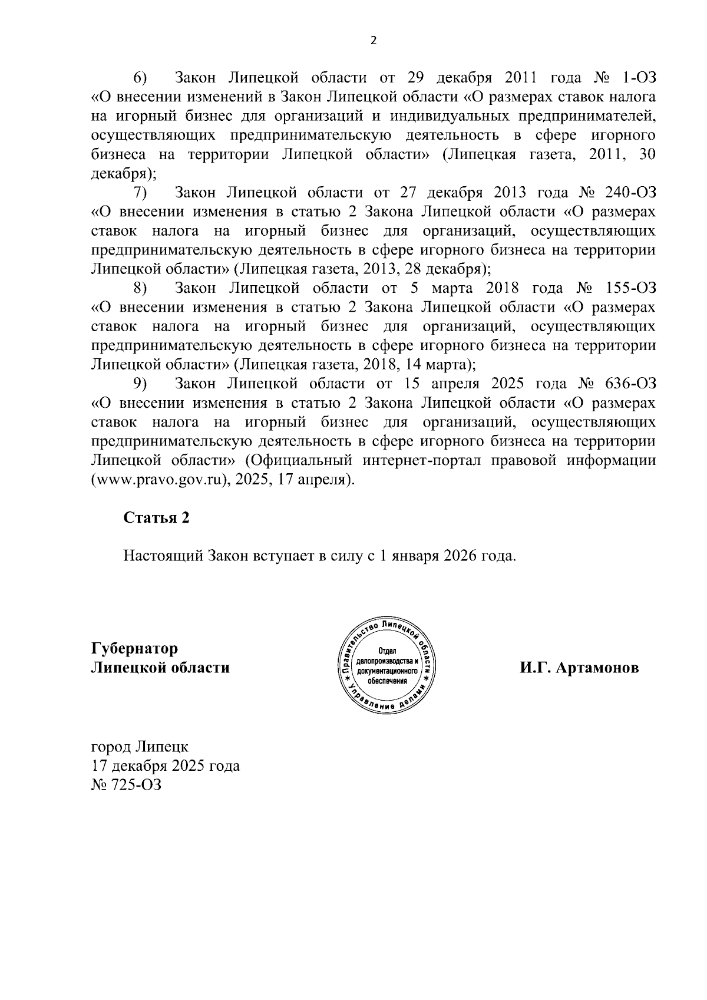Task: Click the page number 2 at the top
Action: pyautogui.click(x=372, y=40)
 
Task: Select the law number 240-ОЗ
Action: pyautogui.click(x=626, y=193)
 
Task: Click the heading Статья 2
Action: pyautogui.click(x=157, y=517)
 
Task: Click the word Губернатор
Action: pyautogui.click(x=134, y=649)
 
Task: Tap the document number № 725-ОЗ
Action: pyautogui.click(x=126, y=786)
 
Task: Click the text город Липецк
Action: pyautogui.click(x=140, y=747)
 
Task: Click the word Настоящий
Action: pyautogui.click(x=163, y=556)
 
